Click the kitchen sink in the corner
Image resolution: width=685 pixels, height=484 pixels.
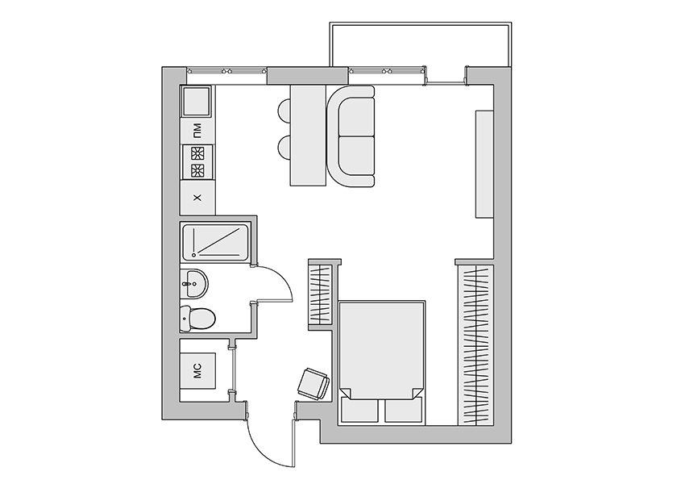point(196,101)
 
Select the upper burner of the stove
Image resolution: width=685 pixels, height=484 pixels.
point(197,153)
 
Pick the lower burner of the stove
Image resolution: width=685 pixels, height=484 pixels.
point(197,170)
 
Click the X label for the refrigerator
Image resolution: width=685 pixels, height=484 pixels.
point(197,198)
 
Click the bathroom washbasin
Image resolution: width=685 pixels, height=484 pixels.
point(194,284)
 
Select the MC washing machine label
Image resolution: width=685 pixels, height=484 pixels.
point(197,371)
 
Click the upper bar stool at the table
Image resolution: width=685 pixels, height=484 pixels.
point(284,112)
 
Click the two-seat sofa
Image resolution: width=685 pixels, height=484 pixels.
point(351,136)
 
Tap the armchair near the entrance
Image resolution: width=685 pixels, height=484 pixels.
point(313,384)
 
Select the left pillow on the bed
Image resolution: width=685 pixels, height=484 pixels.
point(359,410)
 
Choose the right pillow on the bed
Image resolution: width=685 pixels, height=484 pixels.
point(404,410)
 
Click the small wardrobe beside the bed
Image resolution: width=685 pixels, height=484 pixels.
point(321,295)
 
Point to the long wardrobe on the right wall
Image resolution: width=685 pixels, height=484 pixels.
point(475,345)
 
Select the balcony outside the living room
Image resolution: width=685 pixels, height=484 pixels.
point(420,44)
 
